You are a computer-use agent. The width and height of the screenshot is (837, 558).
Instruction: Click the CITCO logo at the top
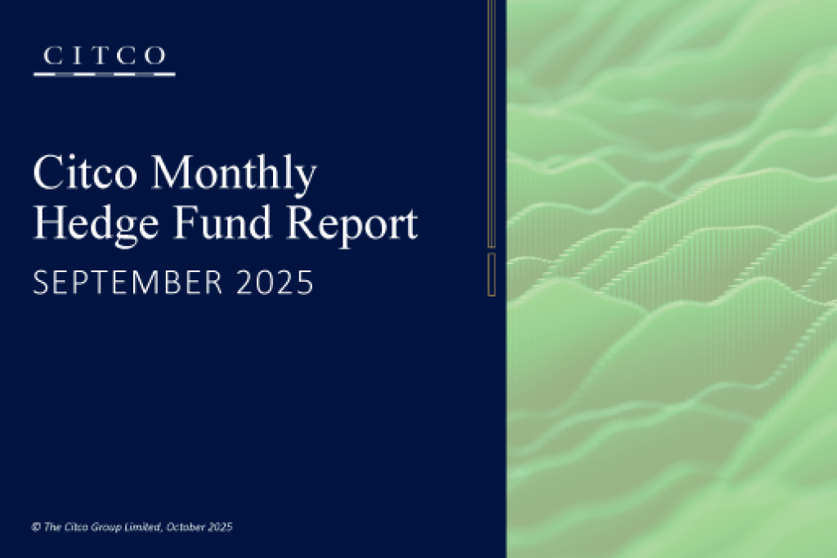click(105, 60)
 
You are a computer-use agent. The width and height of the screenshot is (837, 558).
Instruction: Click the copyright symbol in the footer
click(36, 528)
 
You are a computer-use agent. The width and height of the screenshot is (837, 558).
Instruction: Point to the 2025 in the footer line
click(220, 528)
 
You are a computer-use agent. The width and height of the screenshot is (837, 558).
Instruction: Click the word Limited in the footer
click(143, 528)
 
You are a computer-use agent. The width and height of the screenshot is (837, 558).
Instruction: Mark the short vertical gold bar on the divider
click(491, 274)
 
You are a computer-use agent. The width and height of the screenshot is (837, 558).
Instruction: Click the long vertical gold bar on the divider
click(491, 123)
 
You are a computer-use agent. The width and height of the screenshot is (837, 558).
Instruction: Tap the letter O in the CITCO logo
click(157, 56)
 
